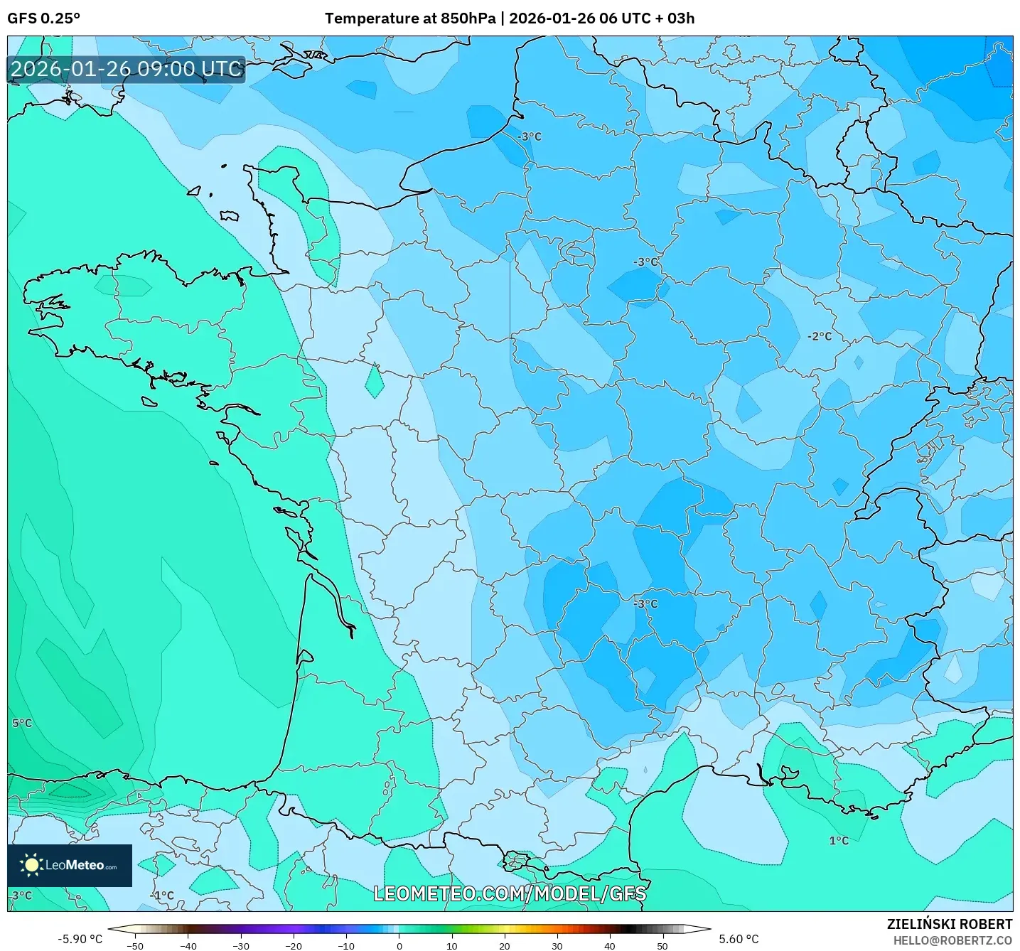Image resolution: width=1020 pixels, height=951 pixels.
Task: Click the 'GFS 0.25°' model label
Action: [43, 18]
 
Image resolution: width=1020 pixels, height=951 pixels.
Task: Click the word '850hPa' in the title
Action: [468, 18]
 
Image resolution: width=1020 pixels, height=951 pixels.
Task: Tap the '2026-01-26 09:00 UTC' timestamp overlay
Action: [126, 69]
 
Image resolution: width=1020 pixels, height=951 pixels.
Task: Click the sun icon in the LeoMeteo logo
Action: [31, 865]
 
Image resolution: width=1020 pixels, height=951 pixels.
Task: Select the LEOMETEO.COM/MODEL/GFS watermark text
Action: [510, 893]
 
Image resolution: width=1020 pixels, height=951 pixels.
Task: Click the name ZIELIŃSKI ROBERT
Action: [949, 924]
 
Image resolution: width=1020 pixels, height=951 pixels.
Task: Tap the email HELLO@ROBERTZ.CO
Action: [952, 940]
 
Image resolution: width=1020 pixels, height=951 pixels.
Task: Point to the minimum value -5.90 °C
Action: [80, 939]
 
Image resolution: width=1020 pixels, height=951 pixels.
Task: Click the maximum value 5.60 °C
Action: [739, 939]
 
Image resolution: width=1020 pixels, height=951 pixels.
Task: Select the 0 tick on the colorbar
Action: [399, 945]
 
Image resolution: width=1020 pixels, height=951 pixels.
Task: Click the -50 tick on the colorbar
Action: [135, 945]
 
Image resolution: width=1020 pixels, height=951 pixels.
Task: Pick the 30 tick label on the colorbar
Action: [557, 945]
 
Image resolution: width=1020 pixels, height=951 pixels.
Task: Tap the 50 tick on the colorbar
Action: [662, 945]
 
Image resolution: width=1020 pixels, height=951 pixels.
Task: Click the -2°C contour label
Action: [820, 336]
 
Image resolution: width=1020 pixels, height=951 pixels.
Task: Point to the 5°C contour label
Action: [22, 723]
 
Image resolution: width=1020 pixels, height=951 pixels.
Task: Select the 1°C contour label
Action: [839, 841]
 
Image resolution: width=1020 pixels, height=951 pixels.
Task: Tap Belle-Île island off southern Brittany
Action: [149, 402]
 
